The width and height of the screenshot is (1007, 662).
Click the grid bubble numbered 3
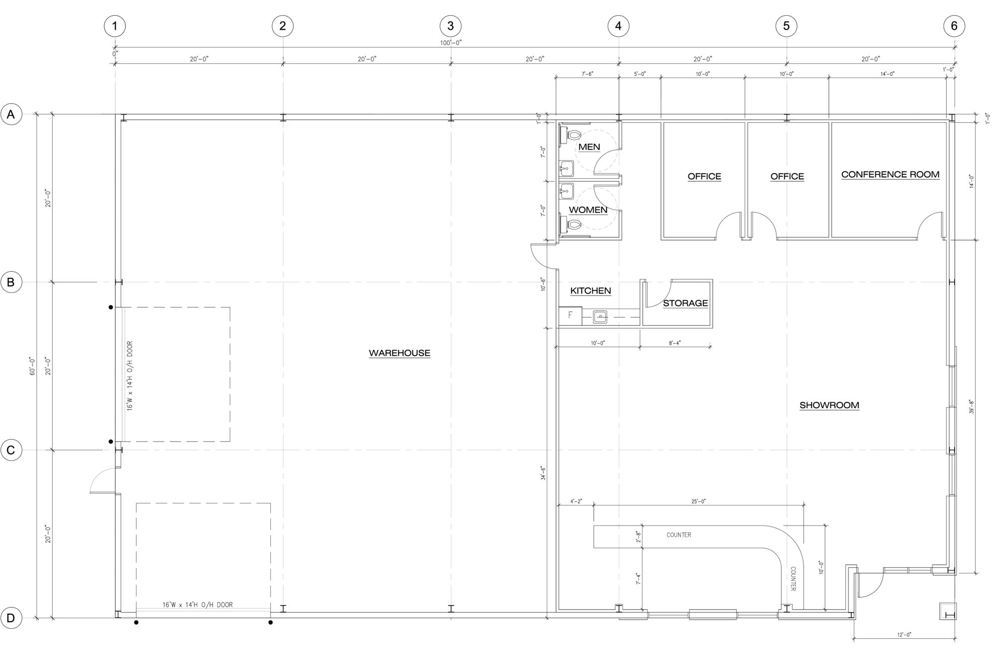[451, 26]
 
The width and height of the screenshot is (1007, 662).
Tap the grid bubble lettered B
[11, 282]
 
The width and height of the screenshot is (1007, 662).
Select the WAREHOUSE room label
[400, 353]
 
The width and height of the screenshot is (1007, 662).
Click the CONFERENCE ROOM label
[890, 175]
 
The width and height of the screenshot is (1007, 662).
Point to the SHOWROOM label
[829, 405]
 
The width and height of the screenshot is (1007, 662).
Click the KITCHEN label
[591, 290]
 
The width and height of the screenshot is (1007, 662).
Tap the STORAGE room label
[685, 303]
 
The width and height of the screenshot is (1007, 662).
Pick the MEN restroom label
[589, 147]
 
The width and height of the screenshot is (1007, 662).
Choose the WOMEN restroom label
[588, 209]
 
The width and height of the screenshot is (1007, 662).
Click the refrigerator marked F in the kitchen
[570, 316]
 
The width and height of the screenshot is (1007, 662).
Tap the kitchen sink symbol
[600, 317]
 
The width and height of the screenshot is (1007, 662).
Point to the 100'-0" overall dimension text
[451, 43]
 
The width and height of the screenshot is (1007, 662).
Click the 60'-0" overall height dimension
[33, 366]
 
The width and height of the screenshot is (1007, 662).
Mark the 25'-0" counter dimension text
[698, 501]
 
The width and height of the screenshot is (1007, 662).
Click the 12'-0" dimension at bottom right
[904, 635]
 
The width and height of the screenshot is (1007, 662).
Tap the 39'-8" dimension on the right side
[971, 407]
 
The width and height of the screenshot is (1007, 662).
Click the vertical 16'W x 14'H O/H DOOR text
[130, 376]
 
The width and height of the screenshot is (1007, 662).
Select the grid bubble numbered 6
[954, 26]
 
